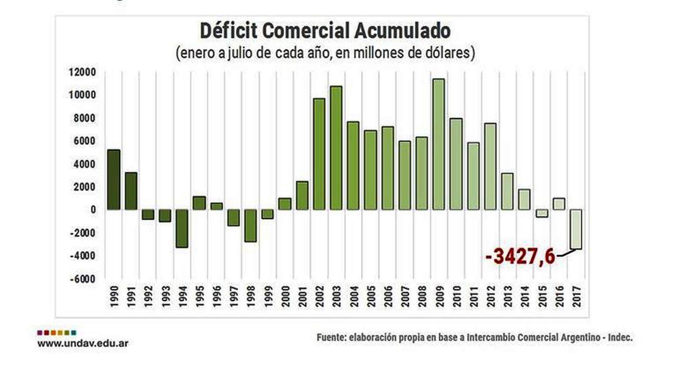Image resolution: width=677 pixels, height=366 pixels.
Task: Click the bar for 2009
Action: [x=439, y=144]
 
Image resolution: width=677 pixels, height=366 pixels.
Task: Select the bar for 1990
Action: [x=114, y=179]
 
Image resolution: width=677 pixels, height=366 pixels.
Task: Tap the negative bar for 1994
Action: [x=182, y=228]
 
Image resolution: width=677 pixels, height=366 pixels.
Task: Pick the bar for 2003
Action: [x=336, y=148]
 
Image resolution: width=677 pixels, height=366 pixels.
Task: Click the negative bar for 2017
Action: [x=576, y=229]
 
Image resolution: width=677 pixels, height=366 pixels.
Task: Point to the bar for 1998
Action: [x=250, y=226]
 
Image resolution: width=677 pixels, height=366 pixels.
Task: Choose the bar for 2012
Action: [x=490, y=166]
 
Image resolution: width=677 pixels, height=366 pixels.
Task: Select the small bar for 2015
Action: [x=542, y=213]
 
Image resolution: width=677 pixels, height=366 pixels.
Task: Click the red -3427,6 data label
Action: [x=520, y=256]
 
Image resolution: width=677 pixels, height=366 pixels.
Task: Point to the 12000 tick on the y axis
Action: [x=82, y=72]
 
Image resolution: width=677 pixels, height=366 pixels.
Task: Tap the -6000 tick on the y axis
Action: [x=83, y=279]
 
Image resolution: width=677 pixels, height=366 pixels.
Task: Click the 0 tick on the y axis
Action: [x=93, y=210]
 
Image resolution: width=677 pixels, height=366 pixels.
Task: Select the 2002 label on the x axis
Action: [x=320, y=297]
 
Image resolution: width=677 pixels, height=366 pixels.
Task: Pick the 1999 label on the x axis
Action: [x=268, y=297]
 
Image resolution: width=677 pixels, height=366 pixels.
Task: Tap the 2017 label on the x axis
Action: [x=577, y=297]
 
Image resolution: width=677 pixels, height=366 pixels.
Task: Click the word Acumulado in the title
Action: [x=402, y=31]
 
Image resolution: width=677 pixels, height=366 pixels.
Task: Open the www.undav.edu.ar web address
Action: [x=83, y=343]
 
